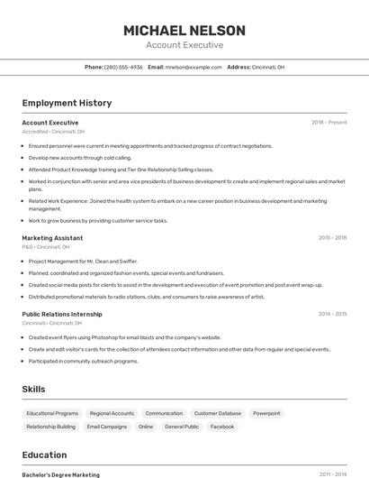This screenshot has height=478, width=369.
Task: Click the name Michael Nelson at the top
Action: coord(184,30)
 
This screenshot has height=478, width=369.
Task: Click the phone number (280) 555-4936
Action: coord(123,67)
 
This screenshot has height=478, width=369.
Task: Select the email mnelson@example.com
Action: coord(193,67)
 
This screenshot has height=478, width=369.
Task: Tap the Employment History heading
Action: coord(67,103)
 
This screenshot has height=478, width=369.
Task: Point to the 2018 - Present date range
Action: coord(328,123)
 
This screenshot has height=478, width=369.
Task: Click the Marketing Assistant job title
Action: coord(52,238)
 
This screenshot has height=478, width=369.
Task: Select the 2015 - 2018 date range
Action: coord(332,238)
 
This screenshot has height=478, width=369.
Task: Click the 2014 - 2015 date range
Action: coord(332,315)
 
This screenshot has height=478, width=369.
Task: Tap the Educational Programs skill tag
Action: coord(52,413)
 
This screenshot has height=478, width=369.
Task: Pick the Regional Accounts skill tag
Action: coord(112,413)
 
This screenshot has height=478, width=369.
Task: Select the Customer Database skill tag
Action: coord(218,413)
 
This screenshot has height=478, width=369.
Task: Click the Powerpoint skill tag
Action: coord(266,413)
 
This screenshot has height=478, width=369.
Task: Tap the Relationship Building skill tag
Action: coord(50,427)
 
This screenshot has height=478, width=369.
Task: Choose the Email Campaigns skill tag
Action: coord(107,427)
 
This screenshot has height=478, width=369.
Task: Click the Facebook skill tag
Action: coord(222,427)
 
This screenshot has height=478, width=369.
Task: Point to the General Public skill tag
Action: coord(182,427)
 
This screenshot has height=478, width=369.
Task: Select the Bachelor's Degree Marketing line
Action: coord(61,474)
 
